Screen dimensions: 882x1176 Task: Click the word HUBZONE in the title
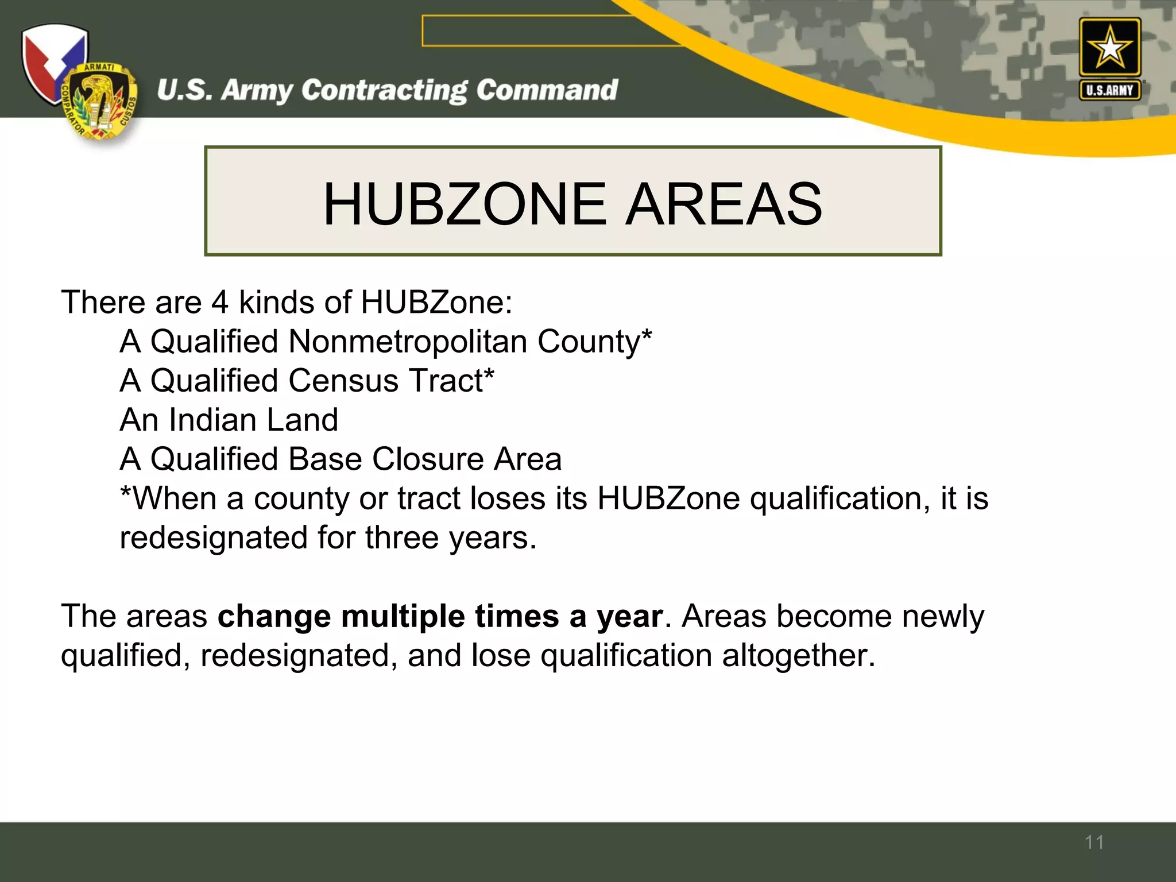pyautogui.click(x=464, y=204)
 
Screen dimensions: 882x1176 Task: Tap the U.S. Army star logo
pyautogui.click(x=1109, y=48)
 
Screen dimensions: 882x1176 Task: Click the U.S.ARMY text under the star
pyautogui.click(x=1109, y=90)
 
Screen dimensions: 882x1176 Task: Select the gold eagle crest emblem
pyautogui.click(x=99, y=102)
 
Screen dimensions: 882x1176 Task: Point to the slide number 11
pyautogui.click(x=1094, y=842)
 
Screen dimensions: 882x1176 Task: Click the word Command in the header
pyautogui.click(x=547, y=90)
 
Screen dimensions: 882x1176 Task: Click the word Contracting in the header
pyautogui.click(x=385, y=91)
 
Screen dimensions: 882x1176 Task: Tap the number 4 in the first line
pyautogui.click(x=220, y=303)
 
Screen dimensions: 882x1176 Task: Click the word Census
pyautogui.click(x=343, y=381)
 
